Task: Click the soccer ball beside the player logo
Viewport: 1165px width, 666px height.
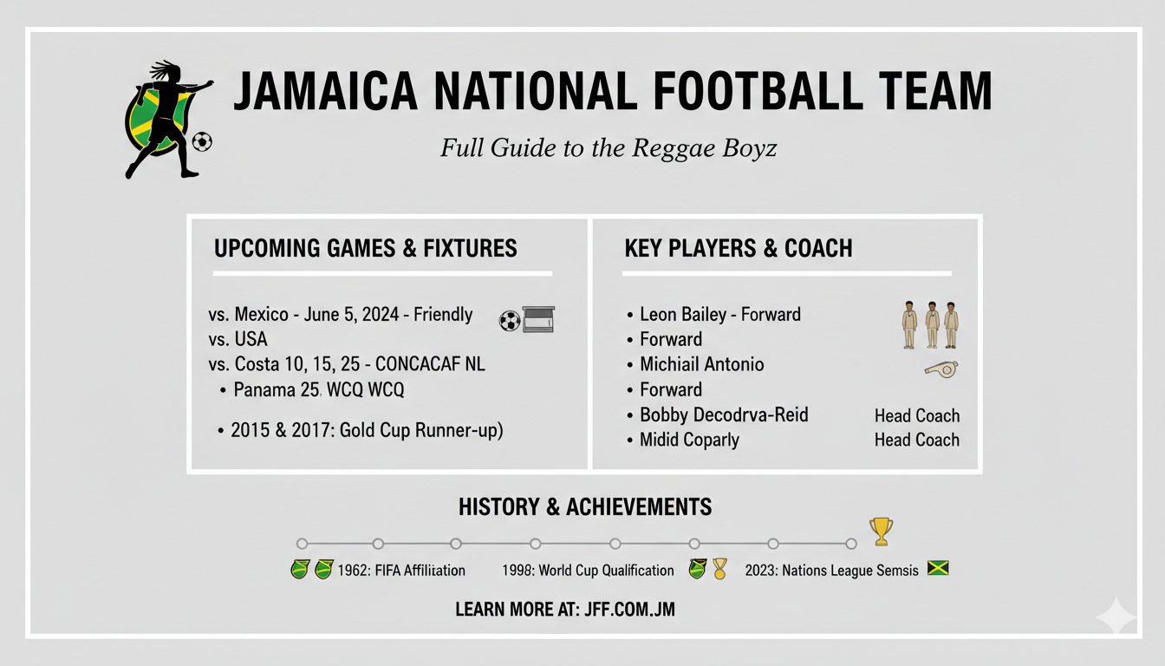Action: coord(202,141)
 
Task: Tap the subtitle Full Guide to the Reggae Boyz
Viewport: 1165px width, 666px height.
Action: coord(609,148)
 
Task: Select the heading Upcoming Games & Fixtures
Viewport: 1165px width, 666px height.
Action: coord(365,249)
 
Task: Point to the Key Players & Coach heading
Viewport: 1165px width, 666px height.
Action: coord(738,249)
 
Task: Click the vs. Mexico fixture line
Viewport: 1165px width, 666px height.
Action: coord(341,314)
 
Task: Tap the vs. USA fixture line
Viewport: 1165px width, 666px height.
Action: coord(238,339)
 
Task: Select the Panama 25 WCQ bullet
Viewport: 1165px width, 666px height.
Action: coord(318,390)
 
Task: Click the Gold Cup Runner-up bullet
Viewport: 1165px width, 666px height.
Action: coord(367,430)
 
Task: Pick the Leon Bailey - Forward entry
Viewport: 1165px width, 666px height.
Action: coord(719,314)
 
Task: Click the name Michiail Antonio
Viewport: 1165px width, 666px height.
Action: coord(701,364)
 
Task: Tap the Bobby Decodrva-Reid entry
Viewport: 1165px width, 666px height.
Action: coord(723,415)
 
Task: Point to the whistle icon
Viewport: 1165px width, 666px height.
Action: coord(940,369)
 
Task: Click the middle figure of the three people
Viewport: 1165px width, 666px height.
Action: coord(932,324)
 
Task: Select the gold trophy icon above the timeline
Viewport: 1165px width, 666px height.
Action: coord(881,531)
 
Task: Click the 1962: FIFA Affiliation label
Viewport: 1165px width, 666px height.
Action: coord(402,571)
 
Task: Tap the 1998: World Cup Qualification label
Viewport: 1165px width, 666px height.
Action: coord(588,571)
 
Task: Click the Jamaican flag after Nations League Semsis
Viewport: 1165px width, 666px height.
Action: coord(938,569)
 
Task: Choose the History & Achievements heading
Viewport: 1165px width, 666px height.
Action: coord(585,507)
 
